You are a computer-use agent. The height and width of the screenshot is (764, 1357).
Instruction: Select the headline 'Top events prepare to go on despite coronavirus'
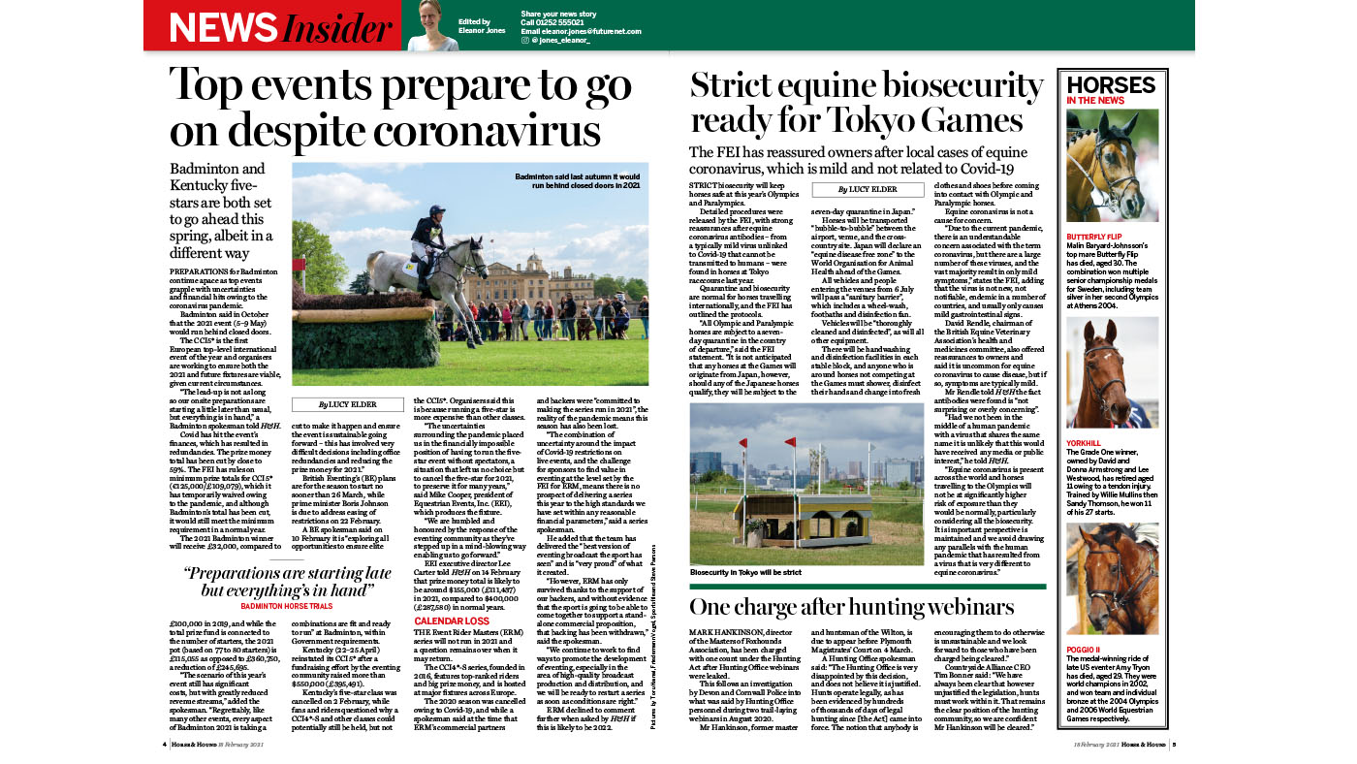pyautogui.click(x=399, y=107)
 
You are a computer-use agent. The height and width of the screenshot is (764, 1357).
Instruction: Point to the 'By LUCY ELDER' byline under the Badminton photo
pyautogui.click(x=348, y=404)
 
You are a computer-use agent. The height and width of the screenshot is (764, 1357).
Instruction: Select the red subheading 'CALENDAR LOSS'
pyautogui.click(x=452, y=621)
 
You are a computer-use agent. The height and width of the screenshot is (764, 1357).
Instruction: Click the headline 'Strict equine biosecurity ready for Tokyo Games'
pyautogui.click(x=859, y=103)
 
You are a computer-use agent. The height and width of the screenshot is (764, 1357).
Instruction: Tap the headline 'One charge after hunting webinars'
pyautogui.click(x=851, y=607)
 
